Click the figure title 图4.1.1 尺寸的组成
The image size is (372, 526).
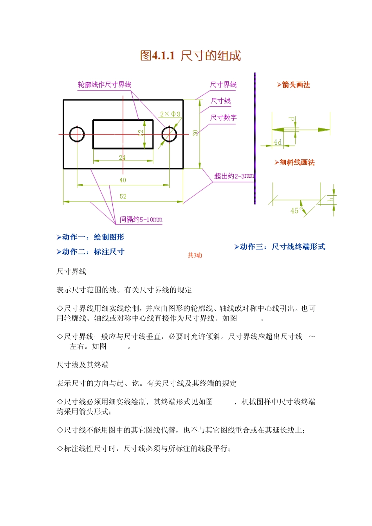pyautogui.click(x=190, y=56)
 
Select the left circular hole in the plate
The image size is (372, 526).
pyautogui.click(x=77, y=134)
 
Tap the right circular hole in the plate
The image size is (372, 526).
pyautogui.click(x=169, y=134)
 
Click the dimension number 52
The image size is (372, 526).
pyautogui.click(x=123, y=196)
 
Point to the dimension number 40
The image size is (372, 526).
pyautogui.click(x=123, y=180)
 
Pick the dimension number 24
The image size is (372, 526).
pyautogui.click(x=122, y=157)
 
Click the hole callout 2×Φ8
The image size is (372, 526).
pyautogui.click(x=170, y=114)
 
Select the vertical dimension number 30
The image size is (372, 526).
pyautogui.click(x=195, y=133)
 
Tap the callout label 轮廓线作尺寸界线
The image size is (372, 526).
pyautogui.click(x=105, y=85)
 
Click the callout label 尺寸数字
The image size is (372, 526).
pyautogui.click(x=223, y=117)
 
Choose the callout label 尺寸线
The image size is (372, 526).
pyautogui.click(x=221, y=101)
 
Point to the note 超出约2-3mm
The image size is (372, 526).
pyautogui.click(x=234, y=176)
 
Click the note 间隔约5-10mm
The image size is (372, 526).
pyautogui.click(x=141, y=220)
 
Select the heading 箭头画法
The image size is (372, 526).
pyautogui.click(x=294, y=85)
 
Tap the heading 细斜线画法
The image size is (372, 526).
pyautogui.click(x=295, y=162)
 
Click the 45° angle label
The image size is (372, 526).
pyautogui.click(x=296, y=211)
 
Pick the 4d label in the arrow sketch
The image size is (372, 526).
pyautogui.click(x=277, y=142)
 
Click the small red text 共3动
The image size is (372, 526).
pyautogui.click(x=195, y=255)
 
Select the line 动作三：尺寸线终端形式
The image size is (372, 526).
pyautogui.click(x=280, y=247)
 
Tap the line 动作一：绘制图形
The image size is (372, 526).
pyautogui.click(x=90, y=237)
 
